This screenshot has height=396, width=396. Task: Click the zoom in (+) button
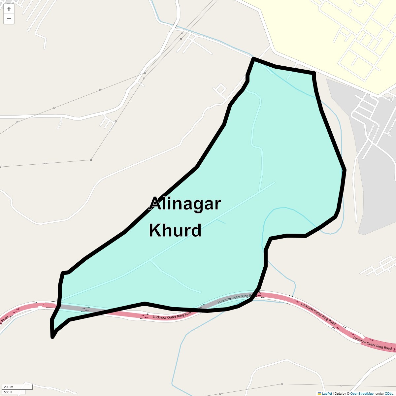[x=9, y=9]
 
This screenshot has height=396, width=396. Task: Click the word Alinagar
[x=185, y=204]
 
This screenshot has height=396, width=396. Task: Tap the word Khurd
[x=175, y=230]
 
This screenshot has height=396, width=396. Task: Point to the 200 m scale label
[x=9, y=387]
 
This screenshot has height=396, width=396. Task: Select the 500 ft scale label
[x=8, y=392]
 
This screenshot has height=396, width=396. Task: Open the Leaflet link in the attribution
[x=327, y=393]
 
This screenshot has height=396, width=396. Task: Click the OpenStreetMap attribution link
[x=362, y=393]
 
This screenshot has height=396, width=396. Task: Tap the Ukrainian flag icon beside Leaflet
[x=319, y=393]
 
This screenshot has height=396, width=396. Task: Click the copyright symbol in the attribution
[x=348, y=393]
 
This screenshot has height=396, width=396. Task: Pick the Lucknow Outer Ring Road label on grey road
[x=236, y=298]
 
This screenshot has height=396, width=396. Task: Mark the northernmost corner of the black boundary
[x=253, y=58]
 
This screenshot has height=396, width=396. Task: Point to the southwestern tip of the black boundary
[x=52, y=337]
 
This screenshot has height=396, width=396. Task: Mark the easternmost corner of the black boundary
[x=345, y=170]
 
